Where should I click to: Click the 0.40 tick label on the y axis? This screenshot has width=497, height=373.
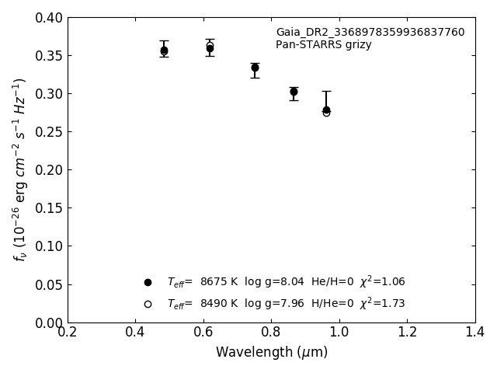coord(48,18)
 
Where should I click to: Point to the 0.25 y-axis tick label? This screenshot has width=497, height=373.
coord(48,132)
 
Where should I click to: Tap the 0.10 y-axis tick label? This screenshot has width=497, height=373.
coord(48,246)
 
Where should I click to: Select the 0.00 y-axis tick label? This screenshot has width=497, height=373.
coord(48,322)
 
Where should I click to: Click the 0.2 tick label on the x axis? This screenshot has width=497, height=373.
coord(68,333)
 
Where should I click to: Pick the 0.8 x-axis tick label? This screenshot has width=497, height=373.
coord(271,333)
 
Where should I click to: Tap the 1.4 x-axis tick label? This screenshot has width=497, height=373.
coord(474,333)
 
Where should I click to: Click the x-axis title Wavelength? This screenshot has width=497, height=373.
coord(271,352)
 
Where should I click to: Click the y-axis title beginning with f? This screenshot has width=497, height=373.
coord(19,169)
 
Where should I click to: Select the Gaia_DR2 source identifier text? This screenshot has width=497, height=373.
coord(370,33)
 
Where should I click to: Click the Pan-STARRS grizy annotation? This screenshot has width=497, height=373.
coord(323,45)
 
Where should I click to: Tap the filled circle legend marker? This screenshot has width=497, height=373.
coord(148,282)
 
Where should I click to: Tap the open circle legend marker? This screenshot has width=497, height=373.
coord(148,304)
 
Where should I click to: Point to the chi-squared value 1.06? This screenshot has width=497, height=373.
coord(391,282)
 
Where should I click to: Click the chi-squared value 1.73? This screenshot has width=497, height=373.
coord(391,304)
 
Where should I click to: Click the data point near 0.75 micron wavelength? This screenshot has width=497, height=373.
coord(255,68)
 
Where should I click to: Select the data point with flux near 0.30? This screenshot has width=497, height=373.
coord(294,92)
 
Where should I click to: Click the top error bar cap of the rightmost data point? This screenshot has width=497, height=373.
coord(326,91)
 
